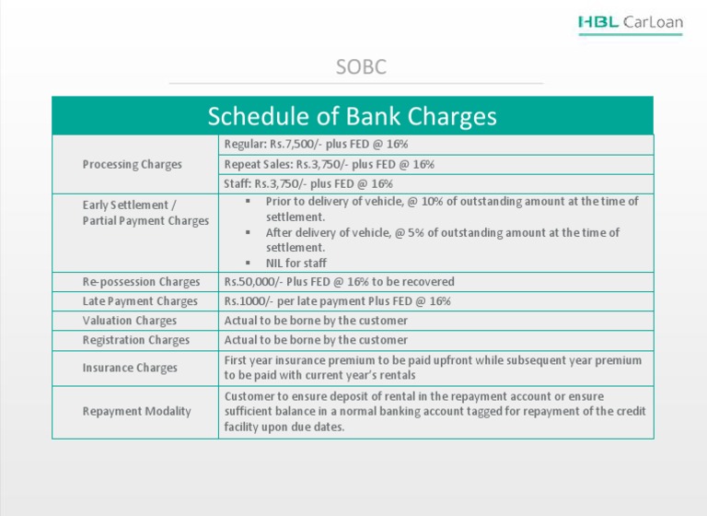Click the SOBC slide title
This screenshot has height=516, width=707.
pos(360,67)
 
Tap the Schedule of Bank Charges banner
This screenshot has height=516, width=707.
pos(352,117)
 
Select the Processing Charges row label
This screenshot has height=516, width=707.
pos(132,165)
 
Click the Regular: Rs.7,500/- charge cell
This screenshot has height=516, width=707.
pos(316,145)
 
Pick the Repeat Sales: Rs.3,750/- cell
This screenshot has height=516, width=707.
pos(329,165)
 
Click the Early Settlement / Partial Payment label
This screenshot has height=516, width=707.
pos(144,213)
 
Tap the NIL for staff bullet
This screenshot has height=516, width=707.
pos(296,264)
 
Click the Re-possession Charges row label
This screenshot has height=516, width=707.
pos(141,282)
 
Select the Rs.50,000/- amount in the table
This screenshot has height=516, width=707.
pos(249,282)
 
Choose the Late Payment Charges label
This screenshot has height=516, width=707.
pos(140,301)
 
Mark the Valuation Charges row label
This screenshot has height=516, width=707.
pos(130,321)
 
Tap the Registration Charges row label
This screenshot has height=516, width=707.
pos(136,340)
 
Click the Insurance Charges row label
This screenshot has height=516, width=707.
pos(130,368)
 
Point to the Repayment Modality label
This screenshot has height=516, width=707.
pos(136,411)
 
